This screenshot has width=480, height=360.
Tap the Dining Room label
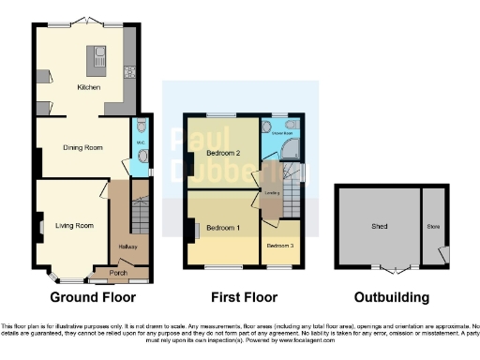point(83,147)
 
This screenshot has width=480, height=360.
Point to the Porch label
point(118,273)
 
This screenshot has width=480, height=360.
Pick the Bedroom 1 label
point(223,228)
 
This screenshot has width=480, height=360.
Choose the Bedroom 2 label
point(224,152)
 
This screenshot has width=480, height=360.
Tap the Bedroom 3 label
point(279,246)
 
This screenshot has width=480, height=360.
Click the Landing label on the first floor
point(274,194)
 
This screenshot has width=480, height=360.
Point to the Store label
point(433,226)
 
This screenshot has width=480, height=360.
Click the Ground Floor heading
point(92,297)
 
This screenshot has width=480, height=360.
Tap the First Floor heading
point(243,297)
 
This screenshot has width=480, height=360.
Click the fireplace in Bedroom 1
point(189,228)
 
